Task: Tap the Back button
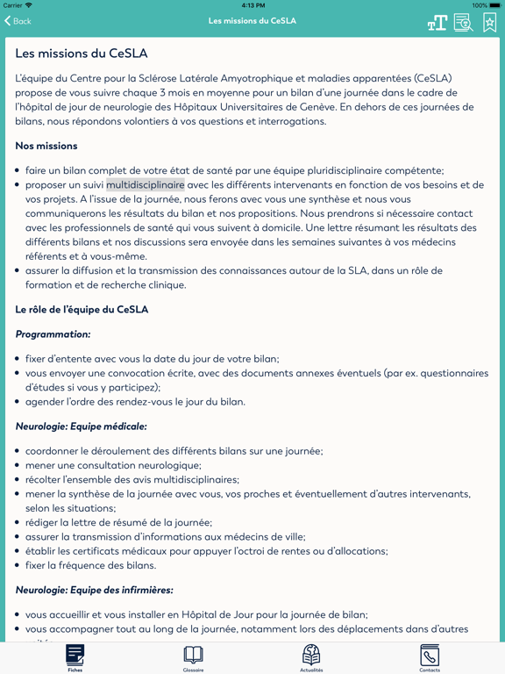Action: [x=18, y=21]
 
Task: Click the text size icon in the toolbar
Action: [x=437, y=23]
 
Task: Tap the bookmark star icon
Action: [x=489, y=23]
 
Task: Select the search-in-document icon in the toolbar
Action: [x=463, y=23]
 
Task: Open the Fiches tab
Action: [x=75, y=657]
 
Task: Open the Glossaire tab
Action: [x=193, y=657]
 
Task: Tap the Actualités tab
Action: [x=311, y=657]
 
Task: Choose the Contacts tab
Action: [x=430, y=657]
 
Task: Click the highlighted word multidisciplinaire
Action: [x=146, y=185]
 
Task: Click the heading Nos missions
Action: [x=46, y=146]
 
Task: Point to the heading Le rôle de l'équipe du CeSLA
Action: [x=82, y=309]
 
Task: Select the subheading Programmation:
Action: [x=53, y=334]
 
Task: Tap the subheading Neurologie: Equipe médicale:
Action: [x=81, y=427]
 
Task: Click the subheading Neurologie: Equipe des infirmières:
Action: [x=94, y=590]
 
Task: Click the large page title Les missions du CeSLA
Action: [x=81, y=54]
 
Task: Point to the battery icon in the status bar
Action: [x=492, y=5]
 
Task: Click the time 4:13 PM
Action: [x=252, y=5]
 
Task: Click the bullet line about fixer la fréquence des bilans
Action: [x=91, y=565]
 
